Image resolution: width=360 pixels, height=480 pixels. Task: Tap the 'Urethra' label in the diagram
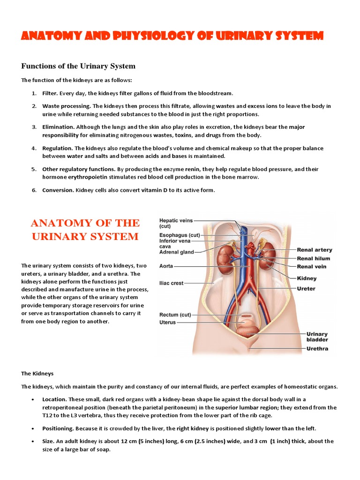[317, 348]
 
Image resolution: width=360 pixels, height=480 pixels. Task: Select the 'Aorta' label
[166, 266]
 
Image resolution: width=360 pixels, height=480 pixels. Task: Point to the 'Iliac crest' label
[172, 283]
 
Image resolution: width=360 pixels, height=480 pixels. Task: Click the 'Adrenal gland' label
[177, 252]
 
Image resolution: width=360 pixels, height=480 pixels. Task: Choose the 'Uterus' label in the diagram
[168, 322]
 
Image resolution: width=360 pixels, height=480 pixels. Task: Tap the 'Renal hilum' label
[314, 258]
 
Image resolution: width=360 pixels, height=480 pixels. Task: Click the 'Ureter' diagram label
[306, 288]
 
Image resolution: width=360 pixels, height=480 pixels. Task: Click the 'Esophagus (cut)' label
[180, 235]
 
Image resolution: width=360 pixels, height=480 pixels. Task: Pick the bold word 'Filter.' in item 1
[50, 94]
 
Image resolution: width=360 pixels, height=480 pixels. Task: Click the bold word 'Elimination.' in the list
[58, 127]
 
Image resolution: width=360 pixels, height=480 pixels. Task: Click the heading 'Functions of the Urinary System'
[78, 66]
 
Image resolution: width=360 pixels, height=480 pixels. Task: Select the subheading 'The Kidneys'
[37, 374]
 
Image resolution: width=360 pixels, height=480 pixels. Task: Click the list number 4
[34, 148]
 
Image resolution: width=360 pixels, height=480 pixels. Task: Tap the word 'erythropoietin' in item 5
[87, 177]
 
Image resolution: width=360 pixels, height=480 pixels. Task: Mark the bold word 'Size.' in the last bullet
[50, 441]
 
